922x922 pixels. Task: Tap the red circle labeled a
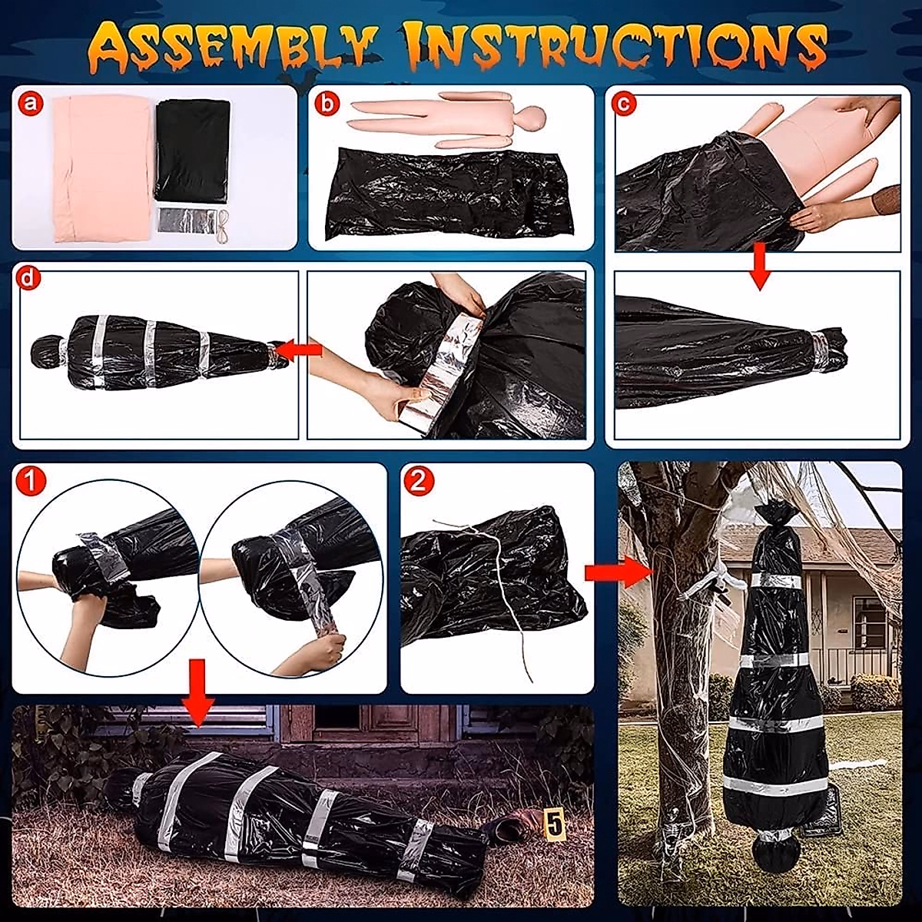click(x=31, y=104)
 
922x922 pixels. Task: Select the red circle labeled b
click(x=328, y=104)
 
